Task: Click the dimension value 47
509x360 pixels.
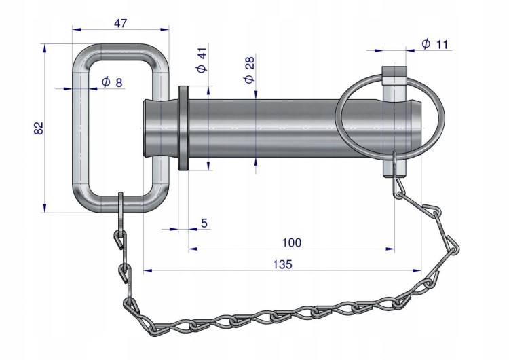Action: (120, 23)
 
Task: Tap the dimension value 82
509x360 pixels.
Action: (38, 128)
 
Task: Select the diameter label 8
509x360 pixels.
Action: (112, 82)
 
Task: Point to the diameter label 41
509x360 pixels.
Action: (202, 60)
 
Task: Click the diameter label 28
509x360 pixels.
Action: (250, 70)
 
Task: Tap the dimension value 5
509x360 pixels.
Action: (204, 223)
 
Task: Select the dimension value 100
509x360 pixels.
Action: (292, 242)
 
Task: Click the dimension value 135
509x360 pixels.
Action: (282, 264)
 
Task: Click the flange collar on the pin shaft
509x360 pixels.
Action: (183, 128)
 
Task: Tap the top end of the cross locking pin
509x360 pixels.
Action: (394, 67)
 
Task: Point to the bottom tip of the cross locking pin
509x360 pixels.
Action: (394, 177)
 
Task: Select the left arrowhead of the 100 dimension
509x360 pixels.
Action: (193, 249)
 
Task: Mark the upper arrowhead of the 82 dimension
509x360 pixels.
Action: (45, 48)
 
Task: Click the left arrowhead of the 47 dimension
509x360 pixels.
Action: (77, 30)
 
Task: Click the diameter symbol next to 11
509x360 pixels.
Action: (426, 43)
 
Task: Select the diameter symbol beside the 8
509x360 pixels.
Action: (106, 82)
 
